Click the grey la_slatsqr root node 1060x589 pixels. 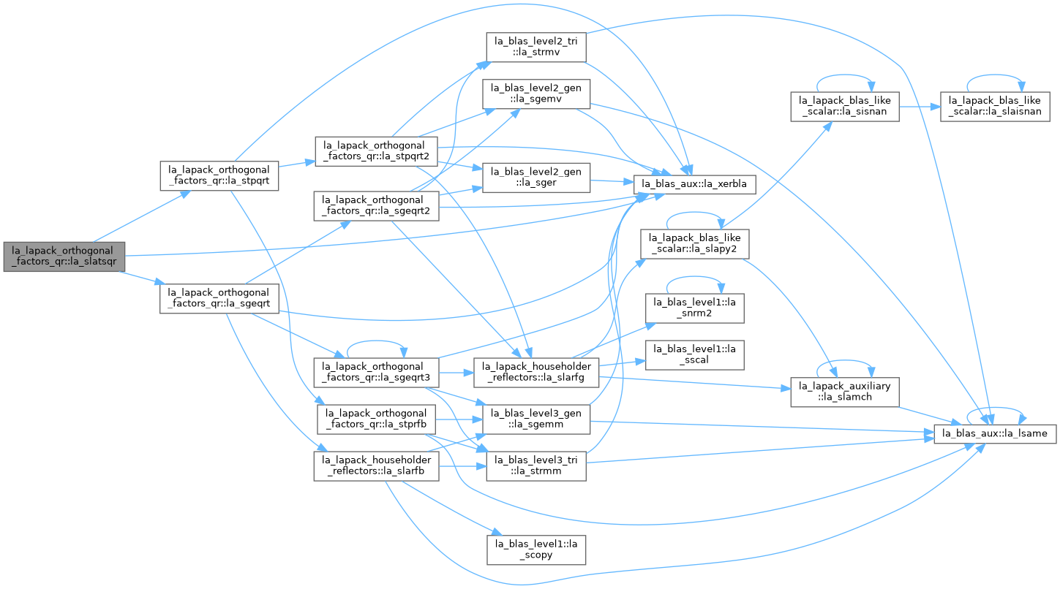64,256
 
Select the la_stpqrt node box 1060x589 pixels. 219,176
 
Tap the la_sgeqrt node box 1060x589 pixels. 219,298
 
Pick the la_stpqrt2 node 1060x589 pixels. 377,151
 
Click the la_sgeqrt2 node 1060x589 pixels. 376,205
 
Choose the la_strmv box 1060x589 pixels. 536,47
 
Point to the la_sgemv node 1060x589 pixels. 536,94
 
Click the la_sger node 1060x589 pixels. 536,178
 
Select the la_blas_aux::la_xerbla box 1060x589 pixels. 695,184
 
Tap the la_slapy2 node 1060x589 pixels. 695,244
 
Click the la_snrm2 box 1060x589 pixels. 695,308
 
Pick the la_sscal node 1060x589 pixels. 695,355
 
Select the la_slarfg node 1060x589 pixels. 536,373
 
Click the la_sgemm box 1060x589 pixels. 536,419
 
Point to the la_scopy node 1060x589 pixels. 536,550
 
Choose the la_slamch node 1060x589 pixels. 845,392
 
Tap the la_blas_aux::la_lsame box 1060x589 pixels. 995,433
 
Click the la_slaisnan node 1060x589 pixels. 995,107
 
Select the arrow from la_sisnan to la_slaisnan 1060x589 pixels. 920,107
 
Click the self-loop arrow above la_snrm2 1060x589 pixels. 694,277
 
